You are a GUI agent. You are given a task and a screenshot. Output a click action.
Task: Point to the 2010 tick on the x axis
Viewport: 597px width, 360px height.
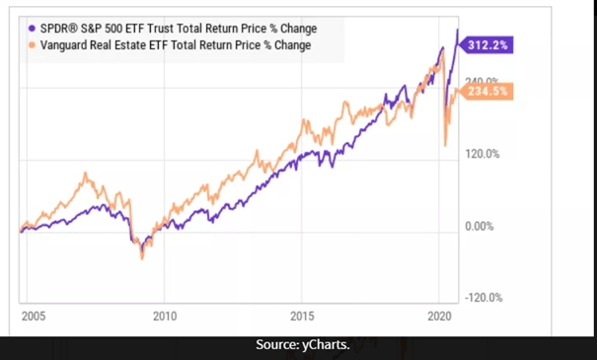[x=165, y=317]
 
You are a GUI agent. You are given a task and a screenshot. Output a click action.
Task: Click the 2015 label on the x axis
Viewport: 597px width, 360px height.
[x=303, y=317]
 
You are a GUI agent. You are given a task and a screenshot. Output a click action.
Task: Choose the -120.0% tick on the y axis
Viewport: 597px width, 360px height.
[x=482, y=298]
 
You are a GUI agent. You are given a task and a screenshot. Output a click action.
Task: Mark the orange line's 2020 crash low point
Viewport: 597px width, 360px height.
[x=445, y=146]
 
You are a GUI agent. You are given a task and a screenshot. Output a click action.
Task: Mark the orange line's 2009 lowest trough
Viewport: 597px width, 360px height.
[x=142, y=258]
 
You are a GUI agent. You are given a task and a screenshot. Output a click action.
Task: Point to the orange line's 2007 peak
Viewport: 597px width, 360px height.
[x=89, y=176]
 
